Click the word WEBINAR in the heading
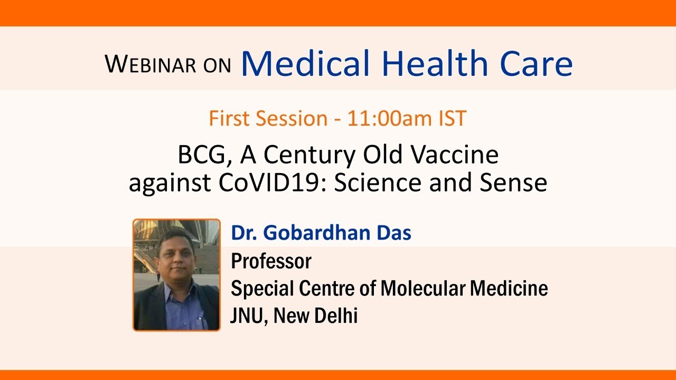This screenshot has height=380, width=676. [x=151, y=64]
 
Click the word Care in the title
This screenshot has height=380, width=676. [x=536, y=64]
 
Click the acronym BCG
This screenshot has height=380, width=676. [x=204, y=155]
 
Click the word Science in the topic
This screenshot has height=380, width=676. [x=378, y=183]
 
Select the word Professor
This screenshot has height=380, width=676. [x=271, y=261]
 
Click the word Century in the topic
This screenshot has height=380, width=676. [x=309, y=155]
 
